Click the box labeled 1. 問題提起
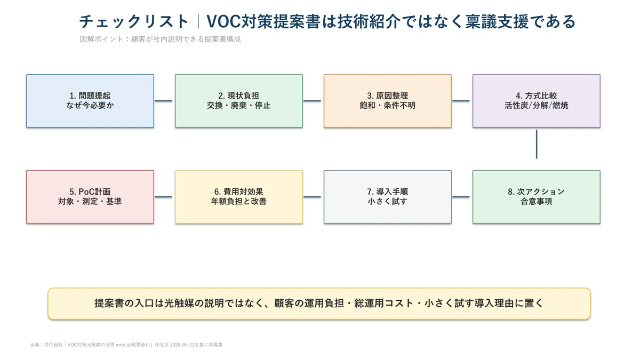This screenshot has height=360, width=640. tap(90, 101)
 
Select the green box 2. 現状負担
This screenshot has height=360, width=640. tap(239, 101)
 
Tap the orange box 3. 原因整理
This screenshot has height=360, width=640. tap(388, 101)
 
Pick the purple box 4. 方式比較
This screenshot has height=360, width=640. tap(537, 101)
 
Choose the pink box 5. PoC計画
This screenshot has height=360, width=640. tap(90, 197)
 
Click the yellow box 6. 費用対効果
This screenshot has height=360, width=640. tap(239, 197)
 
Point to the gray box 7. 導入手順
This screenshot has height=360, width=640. tap(388, 197)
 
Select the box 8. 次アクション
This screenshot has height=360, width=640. tap(537, 197)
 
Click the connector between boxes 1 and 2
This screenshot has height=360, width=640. tap(163, 101)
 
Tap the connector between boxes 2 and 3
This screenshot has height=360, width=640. tap(312, 101)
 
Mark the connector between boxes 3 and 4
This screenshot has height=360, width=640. tap(461, 101)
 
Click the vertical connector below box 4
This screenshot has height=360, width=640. tap(537, 144)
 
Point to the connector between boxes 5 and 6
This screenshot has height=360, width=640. tap(163, 197)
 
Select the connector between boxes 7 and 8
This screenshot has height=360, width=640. tap(461, 197)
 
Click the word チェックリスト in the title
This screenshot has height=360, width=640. tap(133, 21)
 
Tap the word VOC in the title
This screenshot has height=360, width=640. tap(223, 21)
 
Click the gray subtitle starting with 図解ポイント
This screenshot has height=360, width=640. tap(161, 39)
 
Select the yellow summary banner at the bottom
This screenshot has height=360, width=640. tap(319, 303)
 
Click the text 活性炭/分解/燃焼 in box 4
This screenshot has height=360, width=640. tap(537, 106)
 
